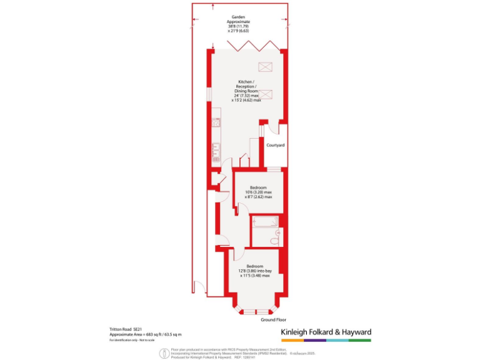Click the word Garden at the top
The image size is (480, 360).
tap(237, 17)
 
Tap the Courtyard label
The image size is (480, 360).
tap(276, 145)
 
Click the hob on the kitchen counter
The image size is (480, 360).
tap(216, 121)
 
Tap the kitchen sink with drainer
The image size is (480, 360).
tap(216, 150)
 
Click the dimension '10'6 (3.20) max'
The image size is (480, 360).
tap(259, 192)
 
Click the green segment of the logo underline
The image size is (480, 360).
tap(360, 341)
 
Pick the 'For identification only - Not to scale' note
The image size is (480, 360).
tap(132, 341)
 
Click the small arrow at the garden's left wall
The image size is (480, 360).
tap(214, 46)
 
